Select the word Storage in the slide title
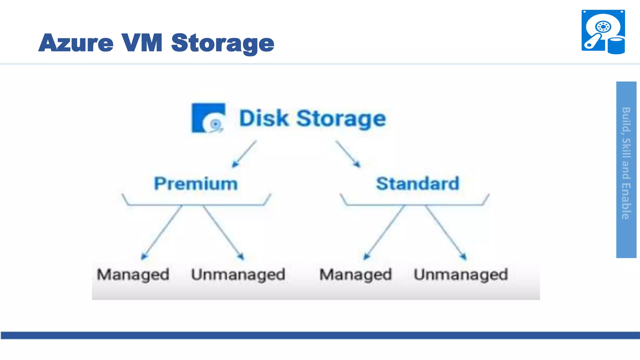tap(222, 43)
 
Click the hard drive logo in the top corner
tap(603, 32)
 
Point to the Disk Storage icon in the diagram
tap(208, 118)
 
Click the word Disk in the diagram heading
tap(264, 118)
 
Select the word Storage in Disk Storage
tap(341, 119)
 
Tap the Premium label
tap(196, 183)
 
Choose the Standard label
tap(417, 183)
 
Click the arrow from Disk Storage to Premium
tap(244, 154)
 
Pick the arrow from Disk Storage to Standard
tap(348, 154)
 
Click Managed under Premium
tap(133, 274)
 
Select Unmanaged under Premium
tap(238, 274)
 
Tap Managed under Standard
tap(356, 274)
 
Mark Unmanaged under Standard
tap(461, 274)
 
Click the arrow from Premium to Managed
tap(162, 232)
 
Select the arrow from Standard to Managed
tap(384, 232)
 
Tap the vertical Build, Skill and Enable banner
tap(626, 170)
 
